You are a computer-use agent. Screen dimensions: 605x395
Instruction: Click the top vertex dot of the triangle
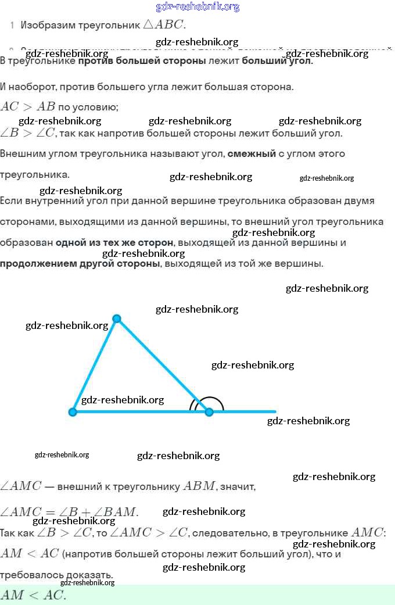point(117,318)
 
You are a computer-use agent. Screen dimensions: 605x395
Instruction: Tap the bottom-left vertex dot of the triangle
point(73,412)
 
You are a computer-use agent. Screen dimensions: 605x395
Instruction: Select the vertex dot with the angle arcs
point(209,412)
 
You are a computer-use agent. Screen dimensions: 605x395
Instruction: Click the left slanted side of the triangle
point(95,365)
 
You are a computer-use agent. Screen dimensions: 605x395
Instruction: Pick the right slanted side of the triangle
point(163,365)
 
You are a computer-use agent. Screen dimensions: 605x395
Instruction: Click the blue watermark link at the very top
point(198,7)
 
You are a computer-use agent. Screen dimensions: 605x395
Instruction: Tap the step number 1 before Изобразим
point(12,26)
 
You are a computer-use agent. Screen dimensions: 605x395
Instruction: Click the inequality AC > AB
point(28,106)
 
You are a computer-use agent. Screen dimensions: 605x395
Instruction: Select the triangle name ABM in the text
point(199,486)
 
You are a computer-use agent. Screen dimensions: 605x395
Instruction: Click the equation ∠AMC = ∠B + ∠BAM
point(69,512)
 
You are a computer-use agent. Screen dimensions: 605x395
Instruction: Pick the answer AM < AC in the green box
point(33,595)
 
